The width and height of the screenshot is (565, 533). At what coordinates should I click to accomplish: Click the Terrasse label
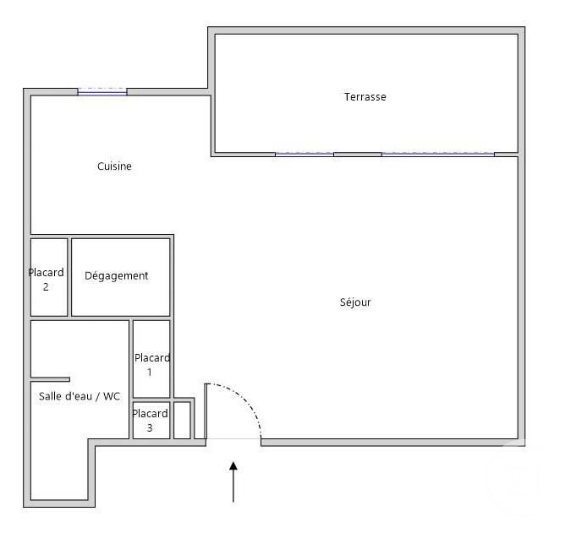tap(365, 97)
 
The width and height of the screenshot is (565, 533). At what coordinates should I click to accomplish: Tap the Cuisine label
tap(114, 166)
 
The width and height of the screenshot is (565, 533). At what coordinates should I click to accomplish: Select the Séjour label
tap(354, 302)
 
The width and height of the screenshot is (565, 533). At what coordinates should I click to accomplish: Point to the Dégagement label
tap(117, 276)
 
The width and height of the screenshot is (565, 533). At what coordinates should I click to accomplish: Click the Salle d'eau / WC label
tap(80, 396)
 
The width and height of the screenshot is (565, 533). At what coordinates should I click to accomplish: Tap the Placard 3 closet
tap(150, 421)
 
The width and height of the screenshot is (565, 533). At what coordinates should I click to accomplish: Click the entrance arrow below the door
tap(233, 481)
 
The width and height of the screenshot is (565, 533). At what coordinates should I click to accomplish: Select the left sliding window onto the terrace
tap(304, 154)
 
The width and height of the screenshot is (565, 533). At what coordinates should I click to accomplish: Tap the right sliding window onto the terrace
tap(437, 154)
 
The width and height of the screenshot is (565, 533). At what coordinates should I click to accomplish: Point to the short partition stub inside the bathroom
tap(50, 379)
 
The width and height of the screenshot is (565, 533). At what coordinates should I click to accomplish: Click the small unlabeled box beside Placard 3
tap(182, 421)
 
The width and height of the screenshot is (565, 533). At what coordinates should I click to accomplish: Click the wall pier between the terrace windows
tap(357, 154)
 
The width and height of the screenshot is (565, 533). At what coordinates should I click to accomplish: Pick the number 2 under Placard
tap(46, 286)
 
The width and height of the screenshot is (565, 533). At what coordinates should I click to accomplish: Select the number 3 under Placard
tap(150, 428)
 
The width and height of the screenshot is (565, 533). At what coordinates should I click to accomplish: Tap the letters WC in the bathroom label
tap(112, 396)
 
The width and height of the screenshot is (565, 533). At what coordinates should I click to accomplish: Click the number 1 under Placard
tap(150, 372)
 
